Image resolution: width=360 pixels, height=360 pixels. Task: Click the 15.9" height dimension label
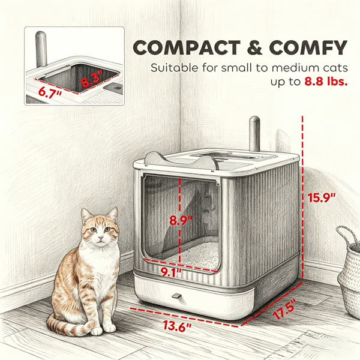coord(322,197)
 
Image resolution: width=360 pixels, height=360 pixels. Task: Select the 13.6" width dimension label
coord(177,326)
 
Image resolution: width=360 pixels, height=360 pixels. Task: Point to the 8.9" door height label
coord(181,221)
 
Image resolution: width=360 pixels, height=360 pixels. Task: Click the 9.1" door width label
coord(171,272)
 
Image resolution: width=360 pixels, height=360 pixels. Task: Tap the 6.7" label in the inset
coord(50,92)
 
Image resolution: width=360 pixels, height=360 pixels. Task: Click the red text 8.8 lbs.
coord(326,82)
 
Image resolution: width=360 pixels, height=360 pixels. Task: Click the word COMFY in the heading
coord(308,48)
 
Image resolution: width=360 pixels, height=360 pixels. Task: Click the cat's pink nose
coord(100,237)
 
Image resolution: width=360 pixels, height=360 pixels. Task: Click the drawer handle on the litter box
coord(176,296)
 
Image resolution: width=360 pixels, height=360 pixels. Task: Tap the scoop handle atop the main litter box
coord(254,134)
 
